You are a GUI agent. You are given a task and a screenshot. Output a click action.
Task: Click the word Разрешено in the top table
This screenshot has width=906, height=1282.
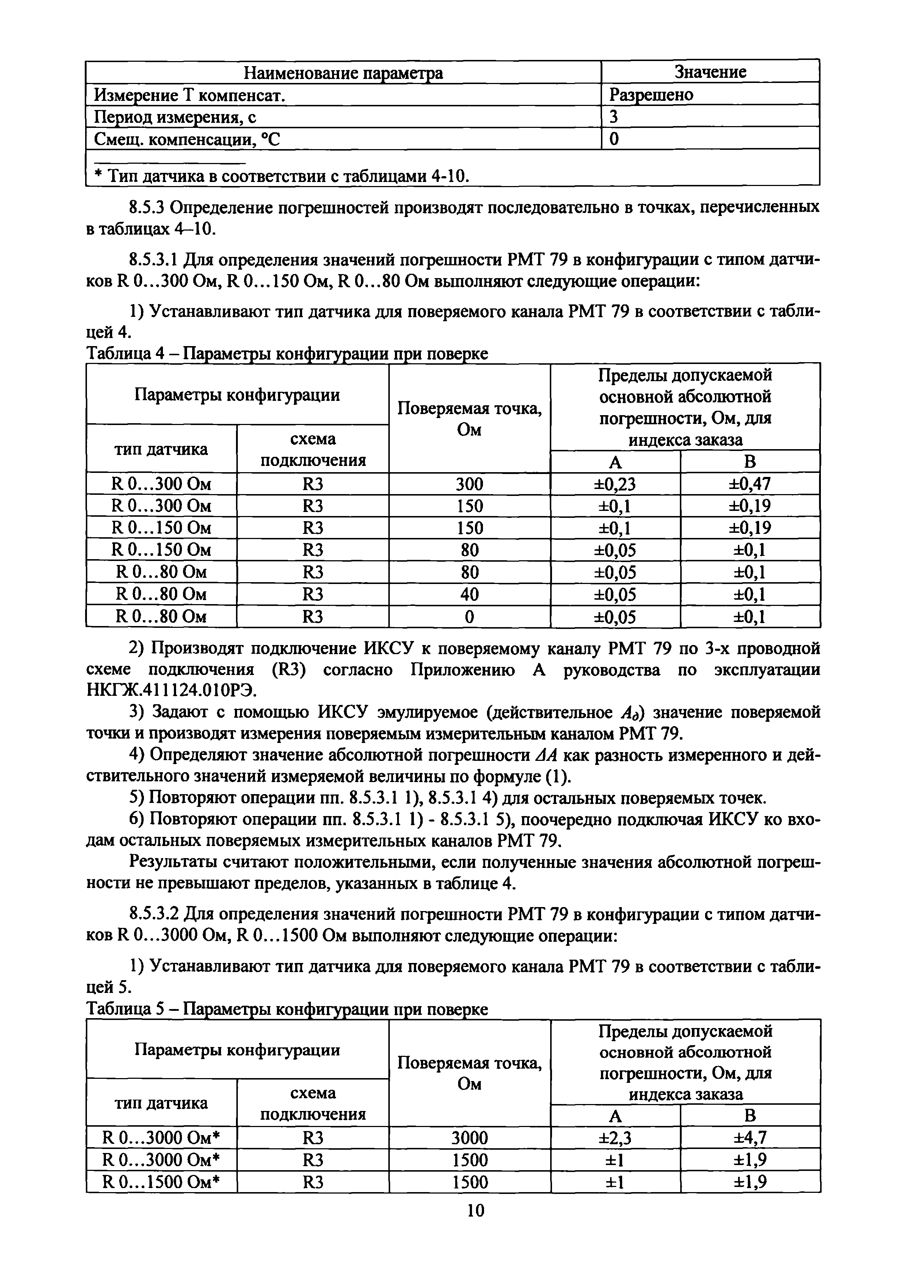tap(651, 95)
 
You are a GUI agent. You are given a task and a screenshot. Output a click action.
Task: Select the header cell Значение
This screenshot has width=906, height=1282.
tap(710, 72)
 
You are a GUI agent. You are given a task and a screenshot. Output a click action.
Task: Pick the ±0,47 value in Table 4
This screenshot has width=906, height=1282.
tap(750, 483)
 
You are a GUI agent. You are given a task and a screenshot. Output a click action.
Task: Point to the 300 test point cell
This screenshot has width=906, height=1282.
tap(469, 483)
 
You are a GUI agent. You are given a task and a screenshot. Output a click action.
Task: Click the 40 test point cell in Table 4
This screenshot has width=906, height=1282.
tap(469, 595)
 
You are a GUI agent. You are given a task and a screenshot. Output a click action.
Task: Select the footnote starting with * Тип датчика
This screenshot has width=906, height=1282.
tap(282, 176)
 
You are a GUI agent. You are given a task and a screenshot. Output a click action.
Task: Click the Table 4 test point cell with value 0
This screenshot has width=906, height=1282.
tap(469, 617)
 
